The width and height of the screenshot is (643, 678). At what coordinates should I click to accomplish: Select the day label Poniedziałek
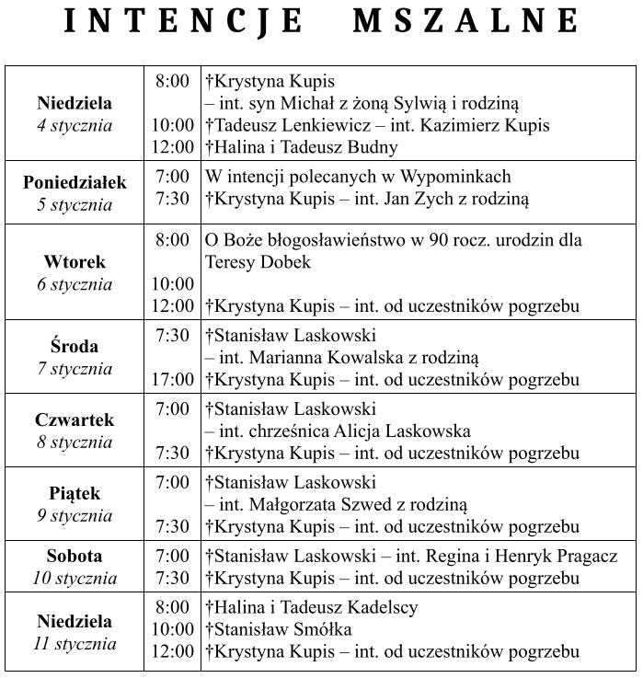[x=75, y=182]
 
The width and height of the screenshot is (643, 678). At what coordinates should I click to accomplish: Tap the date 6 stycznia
[x=75, y=283]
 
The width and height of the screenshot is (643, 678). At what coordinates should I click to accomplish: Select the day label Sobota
[x=75, y=556]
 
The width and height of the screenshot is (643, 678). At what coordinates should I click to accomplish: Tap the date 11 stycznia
[x=75, y=644]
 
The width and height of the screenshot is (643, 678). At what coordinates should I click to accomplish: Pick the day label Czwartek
[x=75, y=420]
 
